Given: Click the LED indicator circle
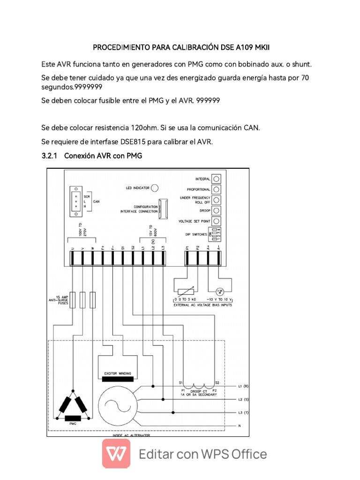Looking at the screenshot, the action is click(x=155, y=187).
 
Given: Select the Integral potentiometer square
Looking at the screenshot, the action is click(x=216, y=179).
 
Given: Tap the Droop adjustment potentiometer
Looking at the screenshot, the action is click(x=216, y=210).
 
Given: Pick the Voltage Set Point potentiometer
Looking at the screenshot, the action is click(x=216, y=221).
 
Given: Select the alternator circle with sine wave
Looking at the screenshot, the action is click(x=120, y=403).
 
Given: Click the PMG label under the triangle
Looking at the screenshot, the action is click(x=73, y=423).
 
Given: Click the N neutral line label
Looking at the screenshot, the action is click(x=240, y=426).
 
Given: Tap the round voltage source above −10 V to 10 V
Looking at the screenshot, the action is click(x=218, y=291).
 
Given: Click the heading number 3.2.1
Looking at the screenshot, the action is click(x=49, y=156).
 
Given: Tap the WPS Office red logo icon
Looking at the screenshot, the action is click(x=117, y=454).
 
